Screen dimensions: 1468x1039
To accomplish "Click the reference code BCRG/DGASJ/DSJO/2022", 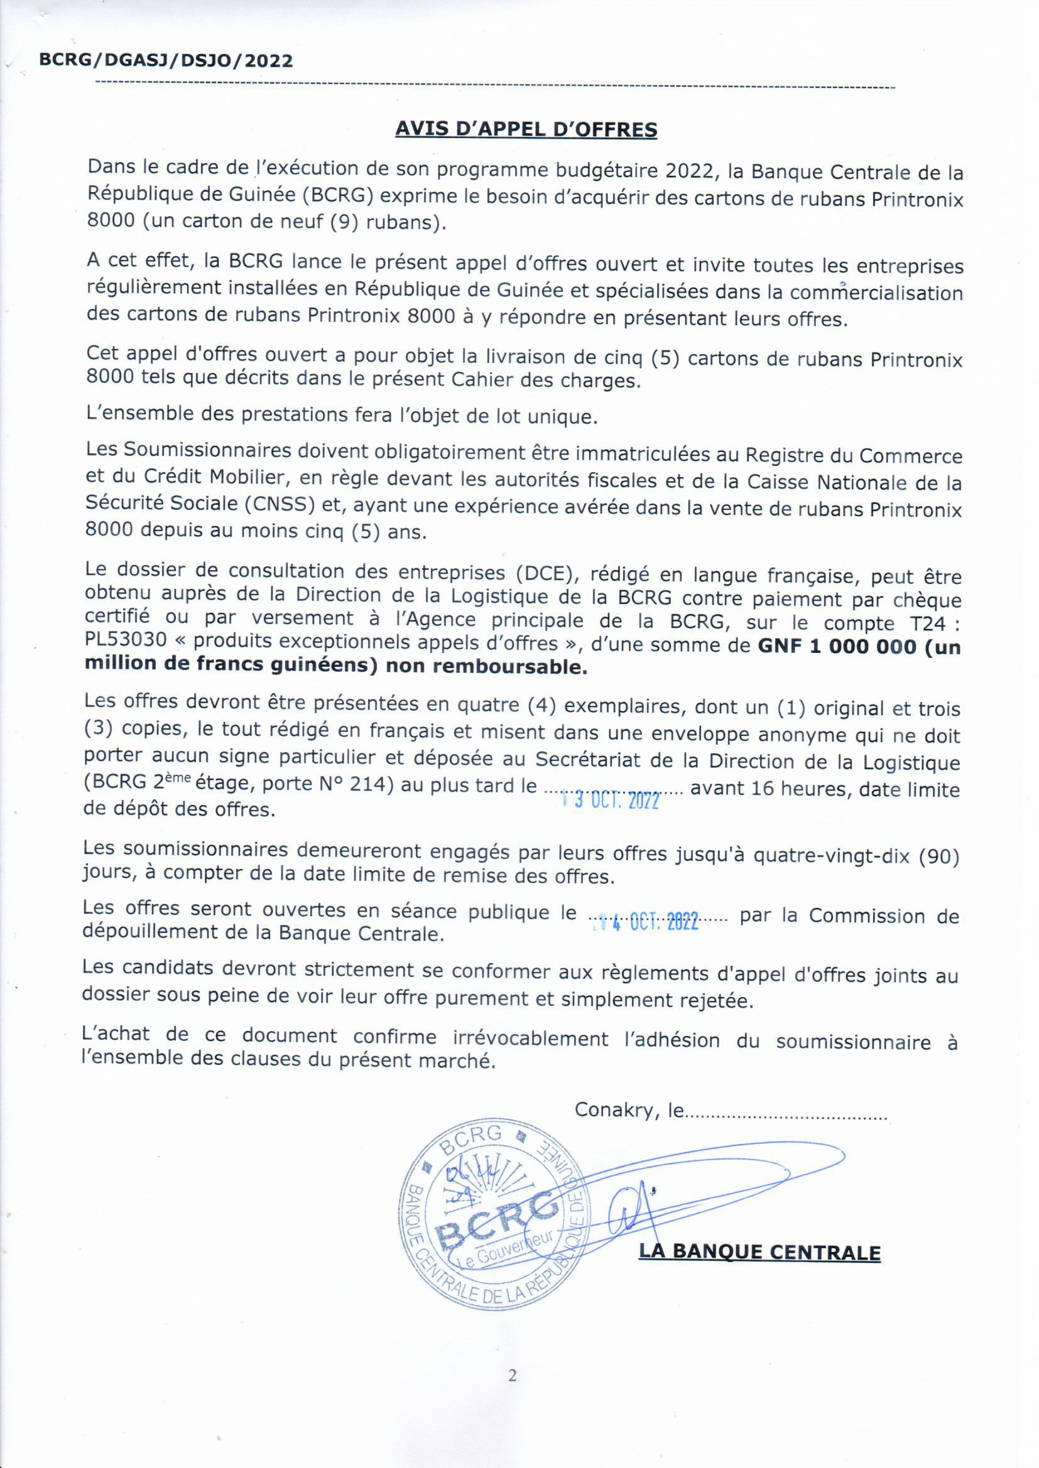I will (x=166, y=61).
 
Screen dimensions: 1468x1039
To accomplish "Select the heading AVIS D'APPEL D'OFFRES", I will (x=526, y=129).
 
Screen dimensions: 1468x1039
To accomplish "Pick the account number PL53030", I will (x=126, y=640).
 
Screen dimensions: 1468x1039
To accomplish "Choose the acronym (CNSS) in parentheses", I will (x=280, y=504).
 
